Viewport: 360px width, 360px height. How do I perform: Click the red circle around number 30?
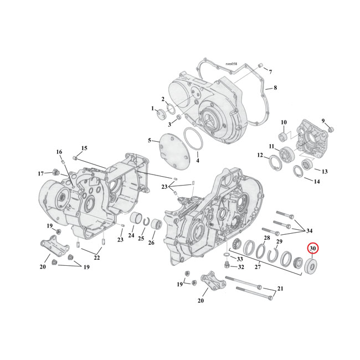313,249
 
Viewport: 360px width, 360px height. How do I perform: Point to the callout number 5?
149,141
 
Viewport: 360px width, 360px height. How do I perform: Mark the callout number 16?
59,152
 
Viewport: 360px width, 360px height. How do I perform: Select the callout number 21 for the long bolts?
280,289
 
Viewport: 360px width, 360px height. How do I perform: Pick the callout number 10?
283,122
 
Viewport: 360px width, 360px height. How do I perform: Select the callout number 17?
41,174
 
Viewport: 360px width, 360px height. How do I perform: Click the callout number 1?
153,109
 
